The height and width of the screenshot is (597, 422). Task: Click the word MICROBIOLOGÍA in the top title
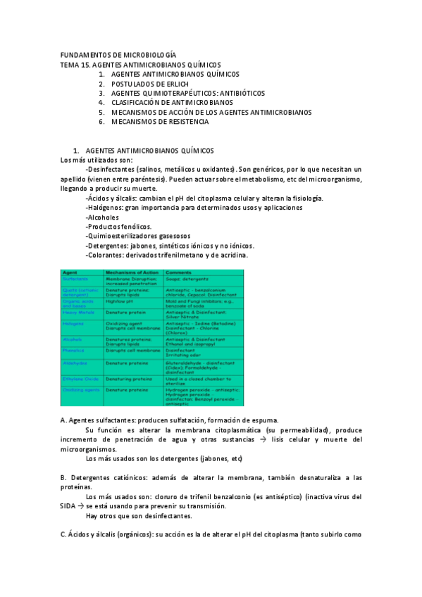pyautogui.click(x=147, y=54)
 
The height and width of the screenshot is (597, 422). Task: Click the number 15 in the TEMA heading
pyautogui.click(x=86, y=64)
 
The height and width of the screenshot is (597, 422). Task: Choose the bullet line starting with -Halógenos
pyautogui.click(x=193, y=208)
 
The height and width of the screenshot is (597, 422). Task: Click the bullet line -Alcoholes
pyautogui.click(x=101, y=217)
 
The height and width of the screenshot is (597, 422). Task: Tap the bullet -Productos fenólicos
pyautogui.click(x=118, y=227)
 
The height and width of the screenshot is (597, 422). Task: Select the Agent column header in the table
pyautogui.click(x=70, y=271)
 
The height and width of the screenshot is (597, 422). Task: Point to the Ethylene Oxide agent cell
pyautogui.click(x=79, y=378)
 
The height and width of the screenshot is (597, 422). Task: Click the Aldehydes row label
pyautogui.click(x=74, y=363)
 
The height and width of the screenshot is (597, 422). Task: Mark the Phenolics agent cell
pyautogui.click(x=73, y=350)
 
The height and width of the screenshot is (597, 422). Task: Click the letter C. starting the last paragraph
pyautogui.click(x=64, y=534)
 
